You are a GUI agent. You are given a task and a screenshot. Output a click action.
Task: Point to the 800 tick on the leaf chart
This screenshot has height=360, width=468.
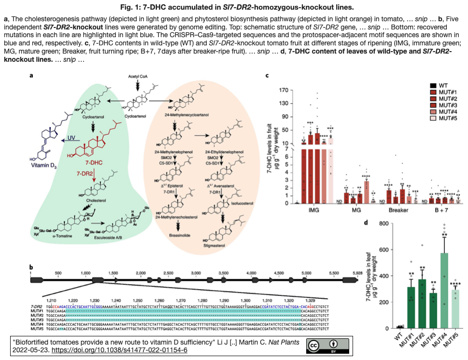pyautogui.click(x=383, y=223)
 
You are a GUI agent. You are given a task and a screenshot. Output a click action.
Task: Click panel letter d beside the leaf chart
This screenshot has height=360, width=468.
pyautogui.click(x=367, y=222)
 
